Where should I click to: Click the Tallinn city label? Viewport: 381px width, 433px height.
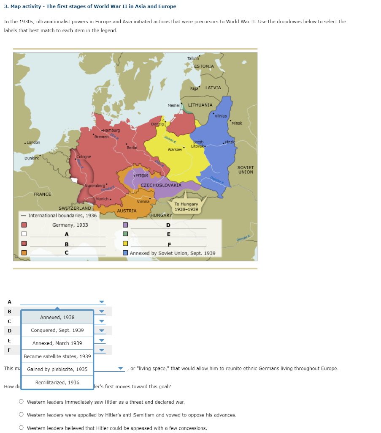point(193,58)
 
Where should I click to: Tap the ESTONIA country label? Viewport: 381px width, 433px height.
point(204,66)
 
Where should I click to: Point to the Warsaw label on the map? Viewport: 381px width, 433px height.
point(174,150)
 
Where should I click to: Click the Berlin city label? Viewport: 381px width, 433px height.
point(132,147)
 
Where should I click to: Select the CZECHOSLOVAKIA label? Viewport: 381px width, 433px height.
point(161,185)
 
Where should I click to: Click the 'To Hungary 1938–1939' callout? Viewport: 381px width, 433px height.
point(186,206)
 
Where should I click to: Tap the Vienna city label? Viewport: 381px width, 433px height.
point(143,202)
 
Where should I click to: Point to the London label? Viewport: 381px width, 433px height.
point(33,143)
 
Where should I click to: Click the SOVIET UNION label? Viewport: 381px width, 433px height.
point(246,170)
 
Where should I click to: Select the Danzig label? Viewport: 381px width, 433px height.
point(157,123)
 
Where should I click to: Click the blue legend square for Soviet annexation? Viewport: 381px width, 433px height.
point(125,253)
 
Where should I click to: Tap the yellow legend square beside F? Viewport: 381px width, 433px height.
point(125,244)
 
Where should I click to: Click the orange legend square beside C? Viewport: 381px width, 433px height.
point(24,253)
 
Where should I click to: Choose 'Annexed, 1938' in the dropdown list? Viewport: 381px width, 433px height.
point(57,317)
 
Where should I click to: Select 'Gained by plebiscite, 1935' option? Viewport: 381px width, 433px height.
point(57,369)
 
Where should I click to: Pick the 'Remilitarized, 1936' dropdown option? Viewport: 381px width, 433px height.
point(57,382)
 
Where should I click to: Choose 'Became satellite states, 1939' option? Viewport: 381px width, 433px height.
point(57,356)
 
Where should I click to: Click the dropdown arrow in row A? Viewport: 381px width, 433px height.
point(101,302)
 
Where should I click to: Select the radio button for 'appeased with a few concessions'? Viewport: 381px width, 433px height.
point(21,428)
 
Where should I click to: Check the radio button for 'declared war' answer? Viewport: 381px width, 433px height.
point(21,402)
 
